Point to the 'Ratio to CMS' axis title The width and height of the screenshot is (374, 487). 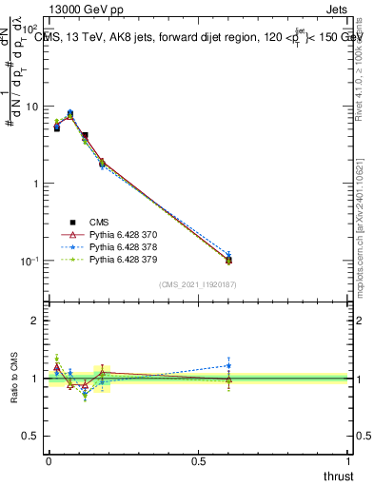pos(14,380)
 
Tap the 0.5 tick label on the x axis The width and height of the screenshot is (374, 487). pos(199,461)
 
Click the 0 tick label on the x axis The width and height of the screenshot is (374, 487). pos(49,461)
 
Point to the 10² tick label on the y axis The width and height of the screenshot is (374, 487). pos(30,29)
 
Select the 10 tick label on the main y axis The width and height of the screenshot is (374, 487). pos(31,107)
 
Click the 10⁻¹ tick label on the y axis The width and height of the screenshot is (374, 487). pos(30,261)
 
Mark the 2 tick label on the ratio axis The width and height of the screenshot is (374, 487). pos(37,321)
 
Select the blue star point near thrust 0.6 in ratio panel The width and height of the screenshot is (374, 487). pos(228,365)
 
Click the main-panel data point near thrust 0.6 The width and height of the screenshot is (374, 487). pos(228,260)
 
